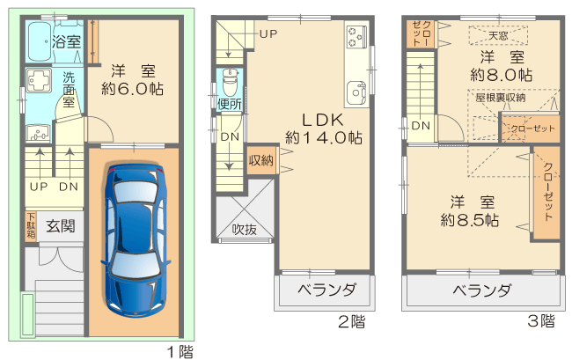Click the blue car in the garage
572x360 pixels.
click(x=136, y=240)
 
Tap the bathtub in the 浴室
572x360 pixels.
click(x=40, y=42)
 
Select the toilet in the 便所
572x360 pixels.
click(x=230, y=83)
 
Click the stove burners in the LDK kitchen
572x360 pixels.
click(x=356, y=36)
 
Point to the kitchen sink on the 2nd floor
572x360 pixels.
click(x=356, y=92)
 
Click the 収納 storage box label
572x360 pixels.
click(x=260, y=160)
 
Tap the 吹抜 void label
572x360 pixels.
click(x=245, y=230)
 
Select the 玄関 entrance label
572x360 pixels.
click(x=61, y=226)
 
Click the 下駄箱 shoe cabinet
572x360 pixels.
click(x=31, y=225)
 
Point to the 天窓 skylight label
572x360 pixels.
click(x=498, y=36)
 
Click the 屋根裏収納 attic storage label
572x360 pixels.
click(x=500, y=98)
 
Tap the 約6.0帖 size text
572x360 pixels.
click(x=132, y=89)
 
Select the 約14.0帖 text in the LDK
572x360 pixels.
click(x=324, y=138)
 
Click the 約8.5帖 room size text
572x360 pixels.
click(x=470, y=220)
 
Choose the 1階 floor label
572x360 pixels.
click(x=180, y=352)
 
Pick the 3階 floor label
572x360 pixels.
click(x=541, y=321)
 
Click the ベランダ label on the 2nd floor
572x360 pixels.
click(x=326, y=290)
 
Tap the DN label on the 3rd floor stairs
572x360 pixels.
click(x=421, y=126)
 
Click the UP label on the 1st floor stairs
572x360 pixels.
click(x=39, y=187)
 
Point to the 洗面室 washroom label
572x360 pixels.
click(x=69, y=90)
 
